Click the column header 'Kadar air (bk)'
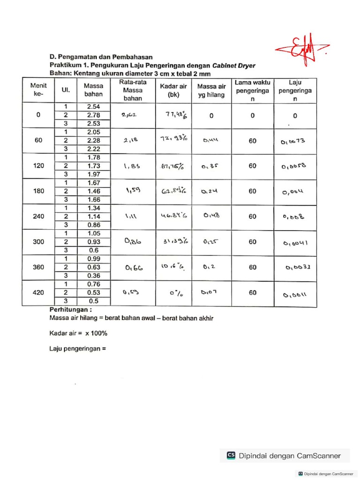click(x=173, y=90)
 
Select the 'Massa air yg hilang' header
click(x=211, y=90)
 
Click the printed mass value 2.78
click(x=93, y=115)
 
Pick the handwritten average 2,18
click(x=130, y=140)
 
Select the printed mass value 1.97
click(x=93, y=174)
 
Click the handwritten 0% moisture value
click(x=175, y=293)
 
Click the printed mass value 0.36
click(x=93, y=276)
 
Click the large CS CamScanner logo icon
click(x=231, y=455)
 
